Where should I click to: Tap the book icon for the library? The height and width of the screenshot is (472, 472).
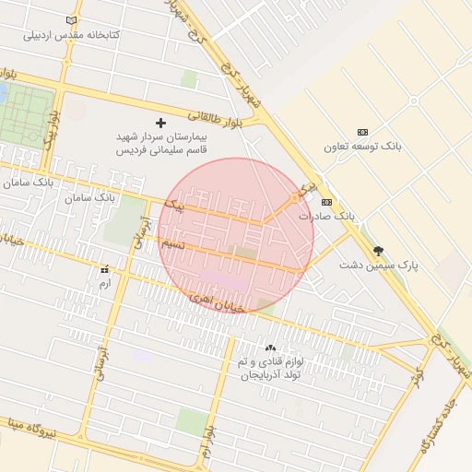coord(72,20)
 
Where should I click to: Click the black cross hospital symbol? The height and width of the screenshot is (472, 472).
coord(161,123)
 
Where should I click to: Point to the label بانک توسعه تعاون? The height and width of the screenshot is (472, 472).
coord(362,147)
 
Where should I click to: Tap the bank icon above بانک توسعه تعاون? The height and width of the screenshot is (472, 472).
coord(362,132)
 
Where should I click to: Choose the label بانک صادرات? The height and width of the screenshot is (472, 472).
coord(326,216)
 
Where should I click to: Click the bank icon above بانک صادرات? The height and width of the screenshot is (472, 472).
coord(325,202)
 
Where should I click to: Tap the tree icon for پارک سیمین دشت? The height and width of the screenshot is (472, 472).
coord(378,250)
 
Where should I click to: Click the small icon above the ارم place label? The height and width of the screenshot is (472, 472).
coord(104,270)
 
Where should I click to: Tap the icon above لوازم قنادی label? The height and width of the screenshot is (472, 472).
coord(270,348)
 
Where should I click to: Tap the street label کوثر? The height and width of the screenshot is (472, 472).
coord(418,376)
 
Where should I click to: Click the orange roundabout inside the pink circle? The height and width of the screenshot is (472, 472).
coord(295,197)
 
